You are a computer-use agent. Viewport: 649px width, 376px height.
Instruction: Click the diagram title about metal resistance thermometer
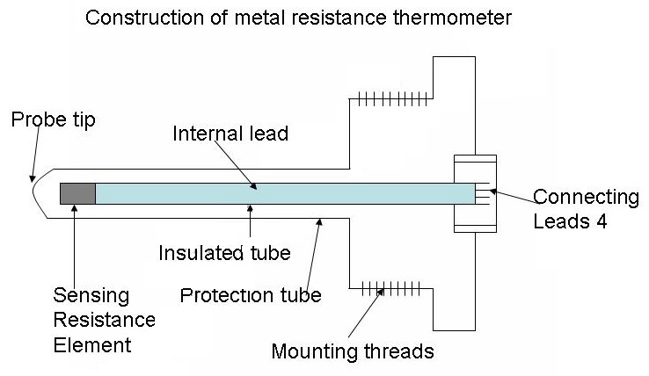(x=298, y=18)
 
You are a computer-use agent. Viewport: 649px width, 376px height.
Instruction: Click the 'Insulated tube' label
(x=224, y=254)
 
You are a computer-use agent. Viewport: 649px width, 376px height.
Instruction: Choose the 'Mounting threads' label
(x=353, y=352)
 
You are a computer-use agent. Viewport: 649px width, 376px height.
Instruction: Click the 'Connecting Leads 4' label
(x=587, y=207)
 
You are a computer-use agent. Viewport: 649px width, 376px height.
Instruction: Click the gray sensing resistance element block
(x=77, y=193)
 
